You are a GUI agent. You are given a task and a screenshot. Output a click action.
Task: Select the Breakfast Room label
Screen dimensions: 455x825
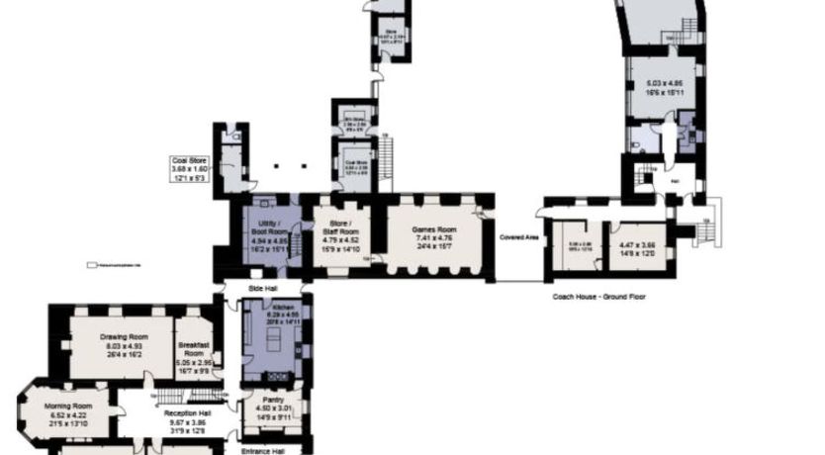tap(193, 349)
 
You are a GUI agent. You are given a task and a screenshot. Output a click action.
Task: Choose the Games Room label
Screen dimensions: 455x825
tap(431, 229)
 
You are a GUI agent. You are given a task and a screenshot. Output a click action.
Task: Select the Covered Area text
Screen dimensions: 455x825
tap(518, 237)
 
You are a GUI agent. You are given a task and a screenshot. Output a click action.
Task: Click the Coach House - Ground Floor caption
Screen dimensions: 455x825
tap(599, 296)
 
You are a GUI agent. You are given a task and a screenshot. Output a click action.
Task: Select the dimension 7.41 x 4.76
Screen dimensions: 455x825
tap(431, 238)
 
